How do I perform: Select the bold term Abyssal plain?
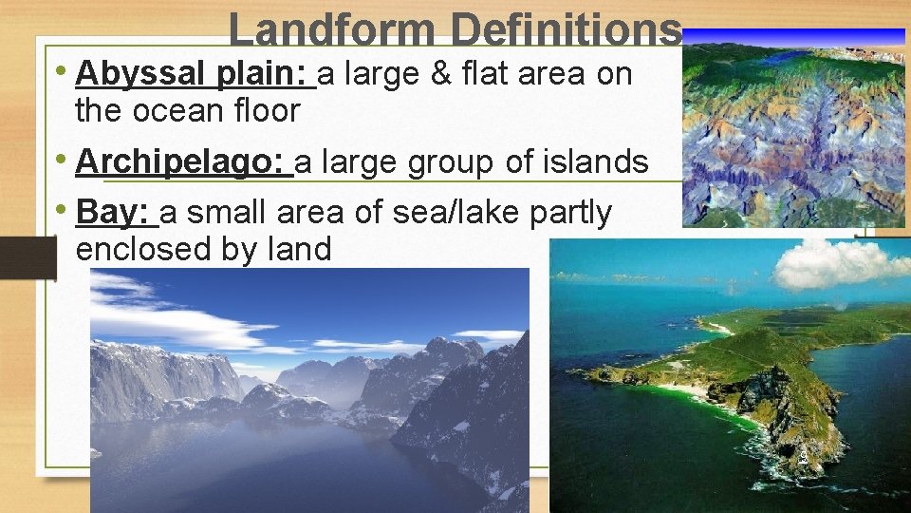click(x=195, y=73)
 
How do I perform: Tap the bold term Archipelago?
click(x=184, y=162)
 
